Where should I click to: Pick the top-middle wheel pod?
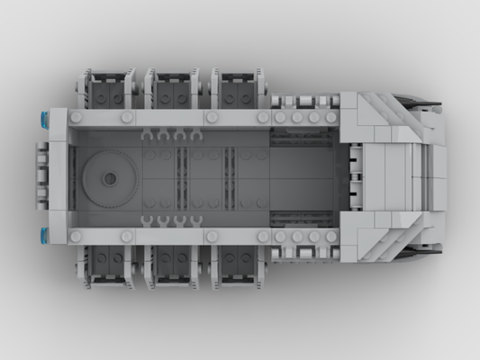(174, 90)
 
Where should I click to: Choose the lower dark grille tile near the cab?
(303, 219)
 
